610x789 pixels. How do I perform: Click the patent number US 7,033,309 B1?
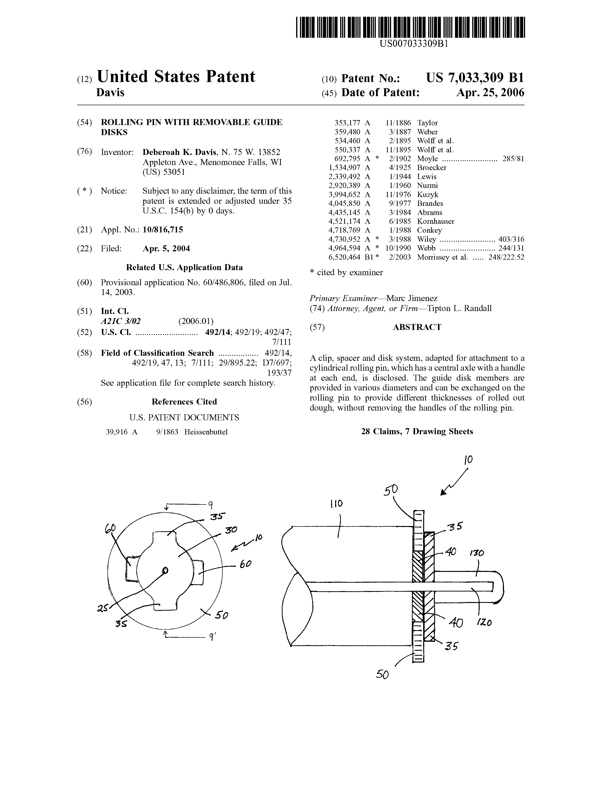pyautogui.click(x=475, y=78)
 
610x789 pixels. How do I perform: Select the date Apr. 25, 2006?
pyautogui.click(x=490, y=93)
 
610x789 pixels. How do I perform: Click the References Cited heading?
pyautogui.click(x=184, y=402)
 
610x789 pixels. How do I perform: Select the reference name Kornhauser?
pyautogui.click(x=435, y=221)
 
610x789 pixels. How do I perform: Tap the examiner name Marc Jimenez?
pyautogui.click(x=412, y=298)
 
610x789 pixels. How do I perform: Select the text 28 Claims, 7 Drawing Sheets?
pyautogui.click(x=417, y=431)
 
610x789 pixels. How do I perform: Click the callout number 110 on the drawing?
pyautogui.click(x=336, y=504)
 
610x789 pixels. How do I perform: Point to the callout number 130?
pyautogui.click(x=477, y=553)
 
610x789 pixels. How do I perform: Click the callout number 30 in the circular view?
pyautogui.click(x=231, y=530)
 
